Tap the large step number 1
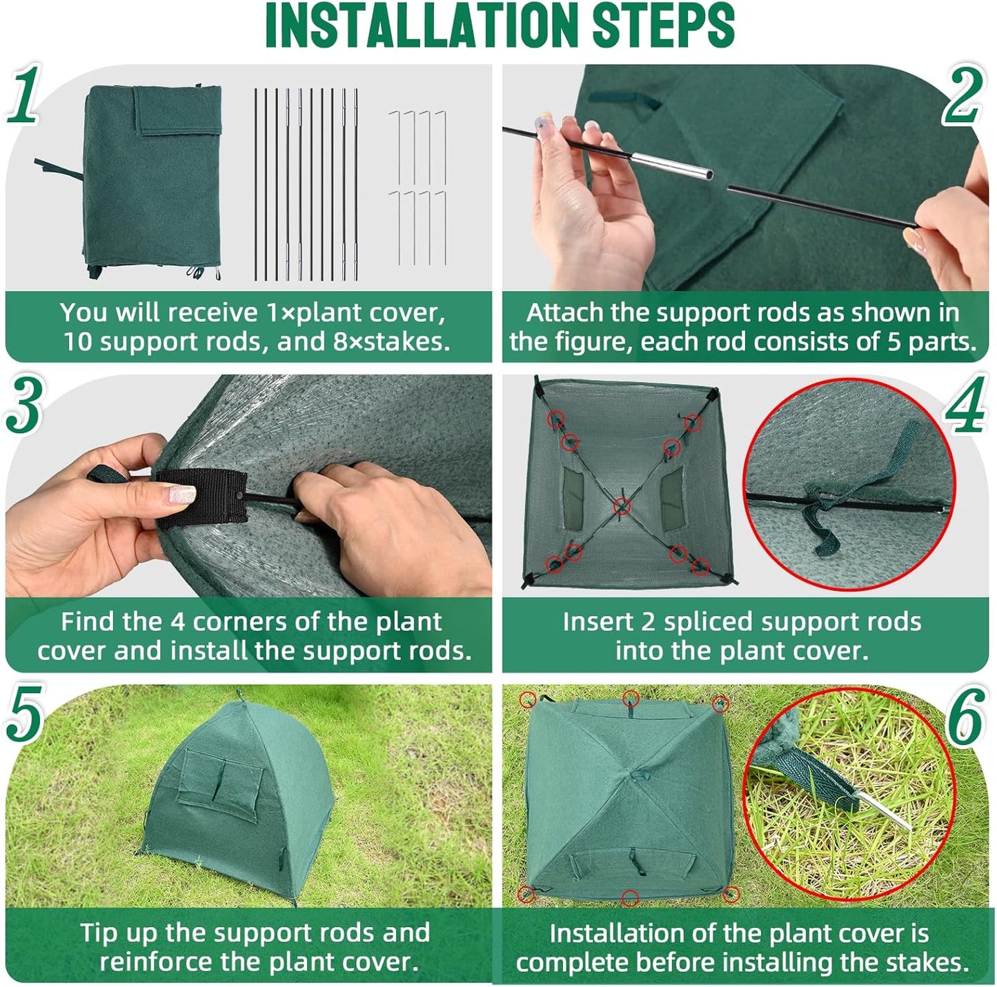pos(24,94)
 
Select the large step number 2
pos(963,97)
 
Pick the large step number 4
pos(965,406)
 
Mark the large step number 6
pos(965,717)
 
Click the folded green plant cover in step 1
pos(152,181)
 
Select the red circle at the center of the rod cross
pos(622,507)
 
